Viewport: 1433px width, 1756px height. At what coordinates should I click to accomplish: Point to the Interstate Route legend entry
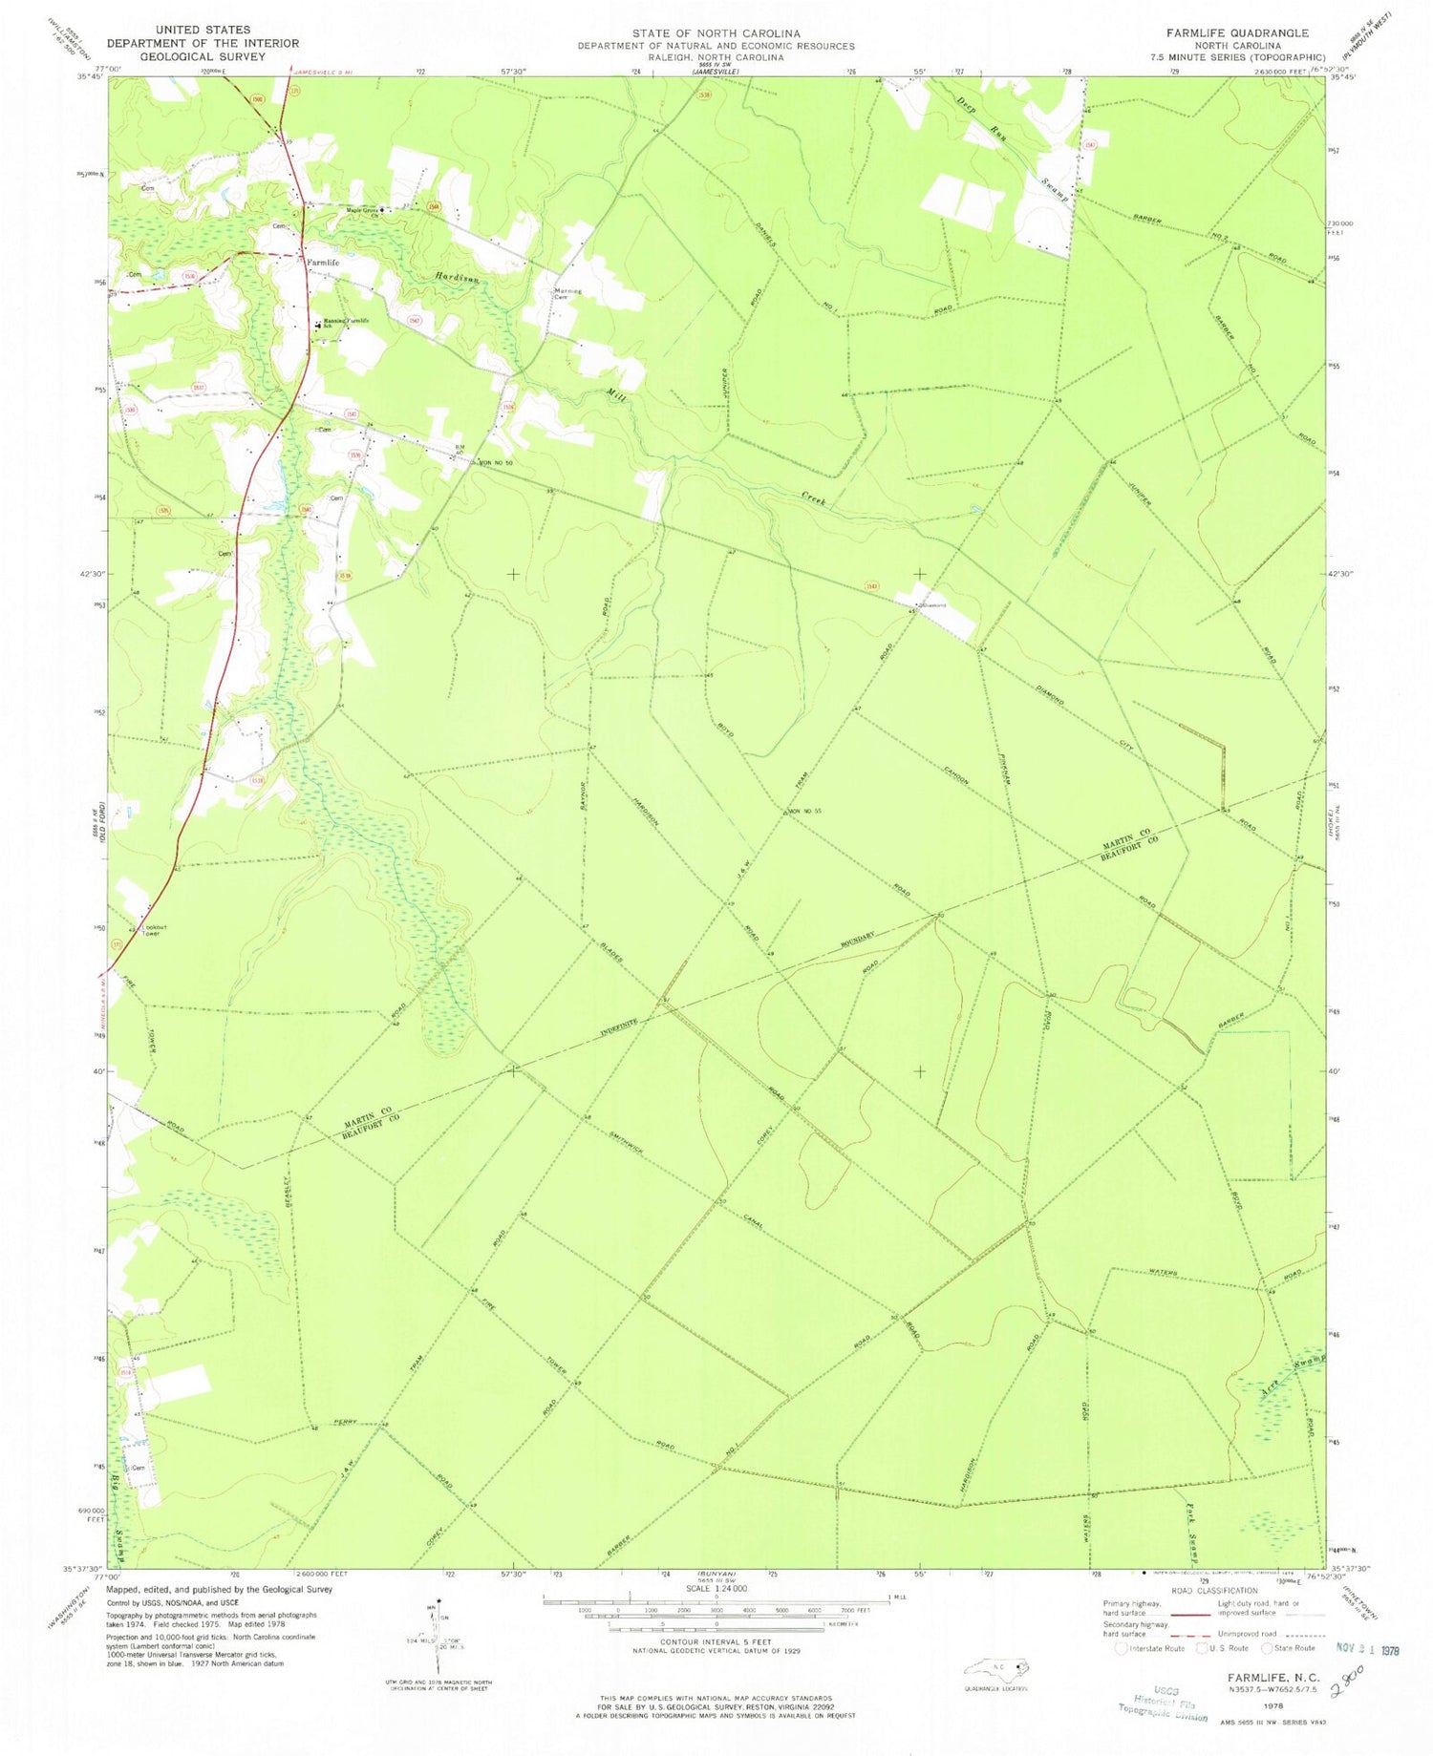[1151, 1648]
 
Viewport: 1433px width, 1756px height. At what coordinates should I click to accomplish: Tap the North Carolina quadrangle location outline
[997, 1668]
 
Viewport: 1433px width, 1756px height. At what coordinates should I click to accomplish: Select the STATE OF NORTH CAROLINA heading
[716, 32]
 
